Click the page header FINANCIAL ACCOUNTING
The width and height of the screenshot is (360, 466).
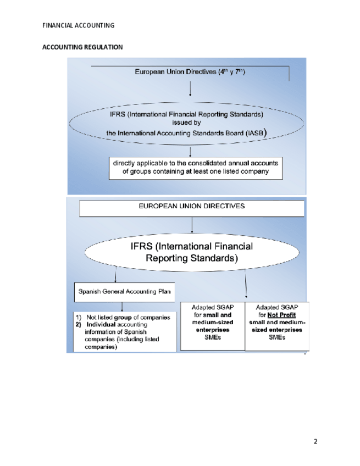pyautogui.click(x=78, y=25)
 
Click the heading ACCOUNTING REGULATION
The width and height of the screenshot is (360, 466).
pyautogui.click(x=82, y=47)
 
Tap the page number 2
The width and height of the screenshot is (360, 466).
pyautogui.click(x=315, y=441)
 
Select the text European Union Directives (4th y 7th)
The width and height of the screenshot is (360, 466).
pyautogui.click(x=190, y=72)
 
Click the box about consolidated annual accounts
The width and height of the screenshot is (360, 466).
pyautogui.click(x=195, y=167)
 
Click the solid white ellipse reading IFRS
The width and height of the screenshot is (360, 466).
pyautogui.click(x=191, y=252)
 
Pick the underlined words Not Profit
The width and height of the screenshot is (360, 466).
pyautogui.click(x=281, y=315)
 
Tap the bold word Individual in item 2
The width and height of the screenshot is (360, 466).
pyautogui.click(x=102, y=325)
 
